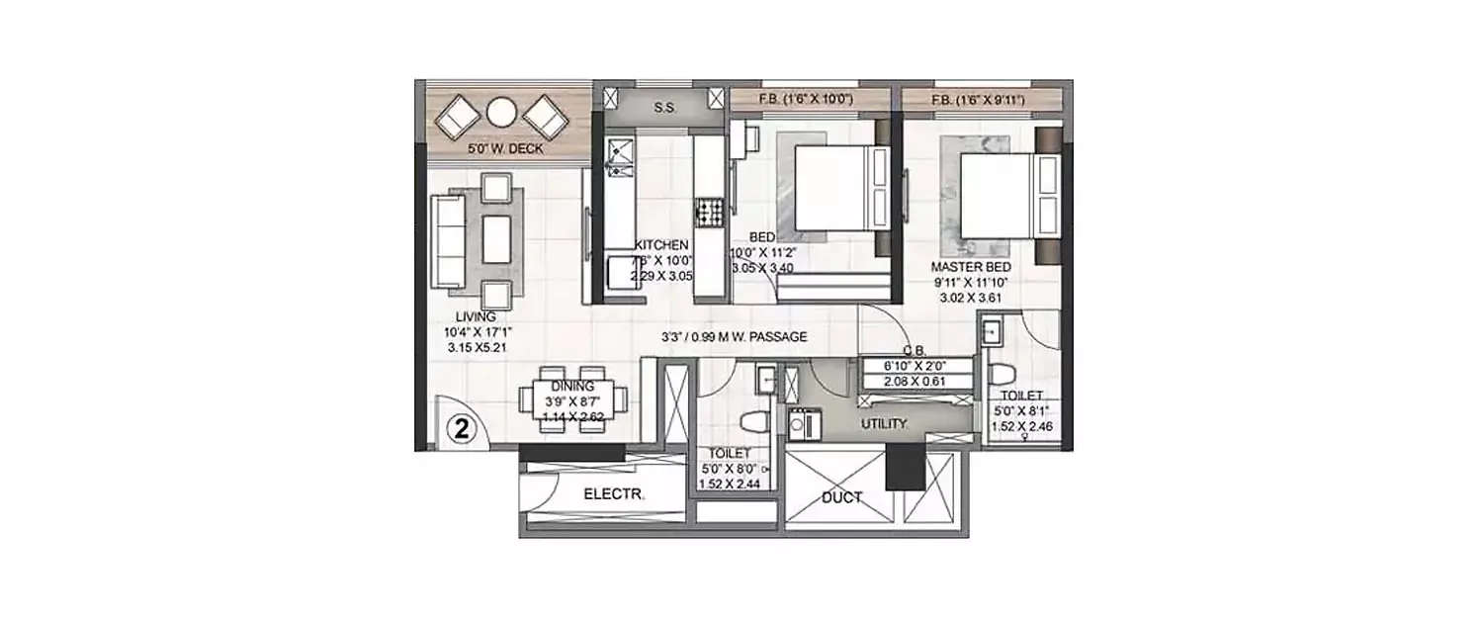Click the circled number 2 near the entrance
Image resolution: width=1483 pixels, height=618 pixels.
[461, 428]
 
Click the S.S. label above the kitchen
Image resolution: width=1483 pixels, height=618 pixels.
[663, 107]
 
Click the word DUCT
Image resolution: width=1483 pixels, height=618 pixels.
[841, 497]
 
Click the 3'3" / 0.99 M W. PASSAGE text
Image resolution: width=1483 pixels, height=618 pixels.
[735, 337]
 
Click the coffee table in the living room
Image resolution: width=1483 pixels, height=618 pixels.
[496, 237]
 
